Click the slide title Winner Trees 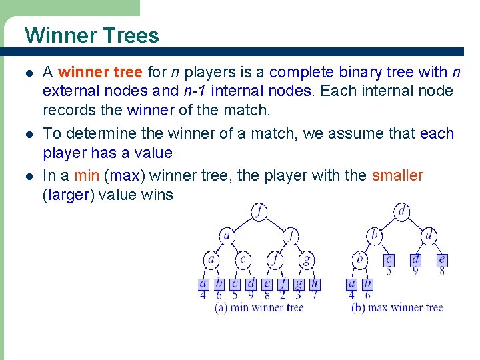91,35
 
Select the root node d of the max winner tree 401,212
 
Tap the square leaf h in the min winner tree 315,284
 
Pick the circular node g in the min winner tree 306,259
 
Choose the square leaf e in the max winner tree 441,260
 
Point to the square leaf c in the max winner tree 389,260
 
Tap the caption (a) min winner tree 259,307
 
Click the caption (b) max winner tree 397,307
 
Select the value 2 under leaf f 283,295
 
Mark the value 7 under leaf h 315,295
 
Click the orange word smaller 397,175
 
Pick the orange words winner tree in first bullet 100,72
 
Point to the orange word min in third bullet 87,175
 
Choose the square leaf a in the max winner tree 351,284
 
